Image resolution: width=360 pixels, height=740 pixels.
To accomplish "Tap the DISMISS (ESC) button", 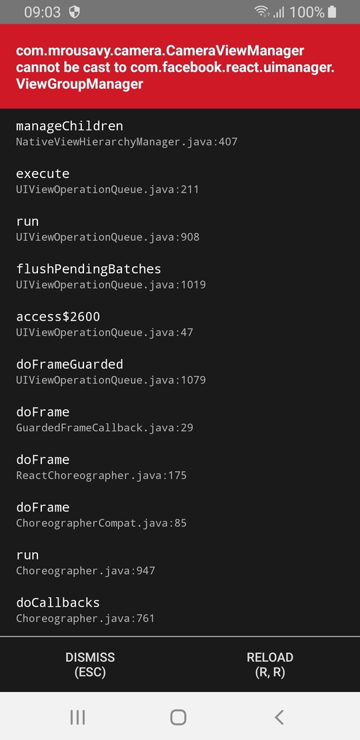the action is [x=89, y=665].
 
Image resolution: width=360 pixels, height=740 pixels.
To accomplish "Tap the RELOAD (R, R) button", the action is [x=270, y=665].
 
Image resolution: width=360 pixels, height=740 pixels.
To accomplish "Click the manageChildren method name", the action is [x=69, y=126].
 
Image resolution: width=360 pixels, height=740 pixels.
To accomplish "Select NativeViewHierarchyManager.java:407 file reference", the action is [x=127, y=141].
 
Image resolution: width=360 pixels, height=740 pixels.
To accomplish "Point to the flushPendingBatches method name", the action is [x=89, y=269].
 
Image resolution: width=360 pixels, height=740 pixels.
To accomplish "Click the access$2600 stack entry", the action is [x=58, y=316].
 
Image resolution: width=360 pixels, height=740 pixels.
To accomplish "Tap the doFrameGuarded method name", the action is [x=69, y=364].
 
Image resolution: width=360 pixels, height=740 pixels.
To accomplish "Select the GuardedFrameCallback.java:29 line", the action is [x=104, y=427].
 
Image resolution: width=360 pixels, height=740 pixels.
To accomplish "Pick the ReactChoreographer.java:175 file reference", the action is [x=101, y=475].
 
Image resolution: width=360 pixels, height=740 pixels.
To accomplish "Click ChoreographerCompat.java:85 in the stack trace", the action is [x=101, y=523].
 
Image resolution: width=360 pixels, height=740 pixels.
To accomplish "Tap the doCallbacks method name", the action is [x=58, y=603].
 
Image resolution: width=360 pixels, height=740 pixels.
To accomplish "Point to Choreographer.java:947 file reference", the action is [x=85, y=571].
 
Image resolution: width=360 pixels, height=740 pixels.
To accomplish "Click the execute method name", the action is [x=43, y=174].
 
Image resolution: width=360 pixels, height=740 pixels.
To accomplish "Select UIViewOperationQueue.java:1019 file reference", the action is [x=111, y=285].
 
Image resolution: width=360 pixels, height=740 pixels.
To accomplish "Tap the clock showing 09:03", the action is [x=43, y=12].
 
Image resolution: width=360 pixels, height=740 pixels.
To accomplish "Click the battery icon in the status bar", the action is [x=332, y=12].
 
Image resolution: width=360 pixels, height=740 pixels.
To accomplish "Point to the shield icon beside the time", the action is [x=75, y=12].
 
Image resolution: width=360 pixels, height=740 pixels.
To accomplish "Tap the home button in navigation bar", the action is [x=178, y=717].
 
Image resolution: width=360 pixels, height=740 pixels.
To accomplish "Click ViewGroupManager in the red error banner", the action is [x=79, y=84].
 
